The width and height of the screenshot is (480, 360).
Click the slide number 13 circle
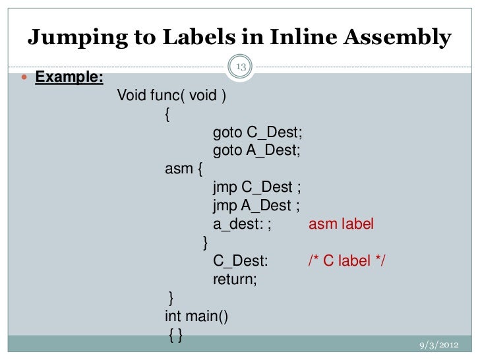point(240,67)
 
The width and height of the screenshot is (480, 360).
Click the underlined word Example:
point(69,78)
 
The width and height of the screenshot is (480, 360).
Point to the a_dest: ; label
point(242,224)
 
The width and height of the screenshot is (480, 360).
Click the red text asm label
point(341,224)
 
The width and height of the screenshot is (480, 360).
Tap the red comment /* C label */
point(347,261)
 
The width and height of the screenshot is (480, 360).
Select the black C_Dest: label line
point(240,261)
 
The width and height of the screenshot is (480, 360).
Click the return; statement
point(235,280)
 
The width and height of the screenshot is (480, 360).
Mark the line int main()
point(196,316)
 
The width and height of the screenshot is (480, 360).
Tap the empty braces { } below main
point(176,335)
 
